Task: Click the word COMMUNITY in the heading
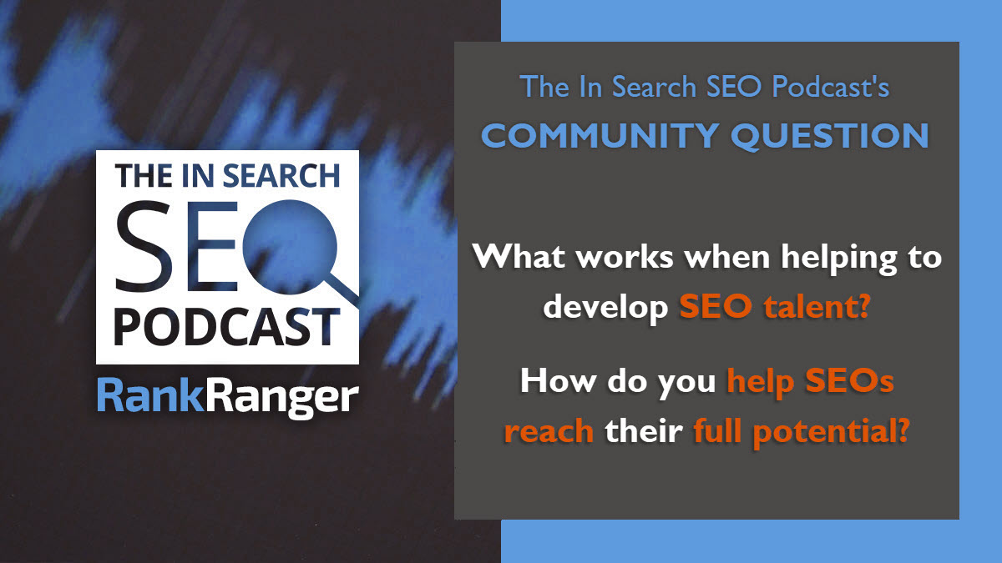coord(600,135)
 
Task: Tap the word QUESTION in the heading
coord(830,136)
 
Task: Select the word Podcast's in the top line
coord(831,86)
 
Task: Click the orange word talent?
coord(817,307)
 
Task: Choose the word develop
coord(605,308)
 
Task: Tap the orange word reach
coord(549,432)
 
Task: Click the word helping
coord(839,259)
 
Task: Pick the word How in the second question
coord(558,380)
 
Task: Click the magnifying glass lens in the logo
coord(290,247)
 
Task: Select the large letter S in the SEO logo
coord(143,246)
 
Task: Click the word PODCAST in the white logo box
coord(226,326)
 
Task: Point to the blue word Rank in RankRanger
coord(151,395)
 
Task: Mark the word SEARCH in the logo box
coord(281,176)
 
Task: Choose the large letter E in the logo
coord(211,246)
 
